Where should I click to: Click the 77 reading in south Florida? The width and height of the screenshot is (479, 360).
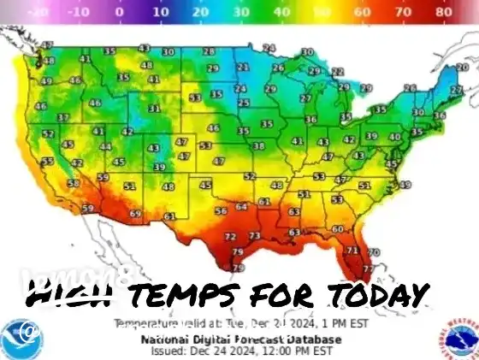[x=368, y=269]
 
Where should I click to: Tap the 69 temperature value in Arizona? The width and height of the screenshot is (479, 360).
[x=135, y=214]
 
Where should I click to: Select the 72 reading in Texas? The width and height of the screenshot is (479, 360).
[x=229, y=236]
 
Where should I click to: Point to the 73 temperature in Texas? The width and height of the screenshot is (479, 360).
[x=254, y=236]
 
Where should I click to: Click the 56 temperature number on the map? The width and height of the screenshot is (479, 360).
[x=221, y=210]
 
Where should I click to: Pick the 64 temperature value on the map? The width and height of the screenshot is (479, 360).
[x=242, y=206]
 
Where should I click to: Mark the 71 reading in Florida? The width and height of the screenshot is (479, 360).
[x=352, y=250]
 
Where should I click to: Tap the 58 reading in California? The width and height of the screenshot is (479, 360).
[x=74, y=183]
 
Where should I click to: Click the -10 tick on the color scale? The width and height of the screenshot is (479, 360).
[x=80, y=14]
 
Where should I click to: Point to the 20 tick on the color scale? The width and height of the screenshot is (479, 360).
[x=199, y=14]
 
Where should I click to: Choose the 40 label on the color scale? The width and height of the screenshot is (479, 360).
[x=281, y=14]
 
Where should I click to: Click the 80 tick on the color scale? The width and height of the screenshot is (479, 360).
[x=443, y=14]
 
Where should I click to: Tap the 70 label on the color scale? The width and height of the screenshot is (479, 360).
[x=403, y=14]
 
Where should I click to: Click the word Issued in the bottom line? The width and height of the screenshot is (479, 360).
[x=169, y=350]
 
